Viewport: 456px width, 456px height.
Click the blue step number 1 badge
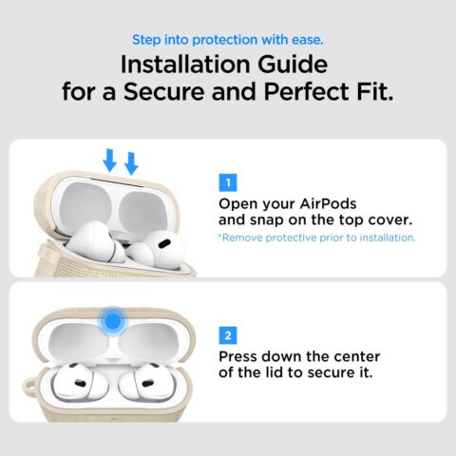pos(228,181)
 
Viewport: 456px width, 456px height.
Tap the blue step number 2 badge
pos(228,334)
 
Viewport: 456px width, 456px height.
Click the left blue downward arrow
pos(109,160)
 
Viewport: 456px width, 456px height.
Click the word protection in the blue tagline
pos(228,39)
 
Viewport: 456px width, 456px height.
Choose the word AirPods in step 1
pos(327,203)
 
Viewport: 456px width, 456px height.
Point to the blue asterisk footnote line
pos(316,237)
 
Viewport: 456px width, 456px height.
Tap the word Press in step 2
pos(242,357)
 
